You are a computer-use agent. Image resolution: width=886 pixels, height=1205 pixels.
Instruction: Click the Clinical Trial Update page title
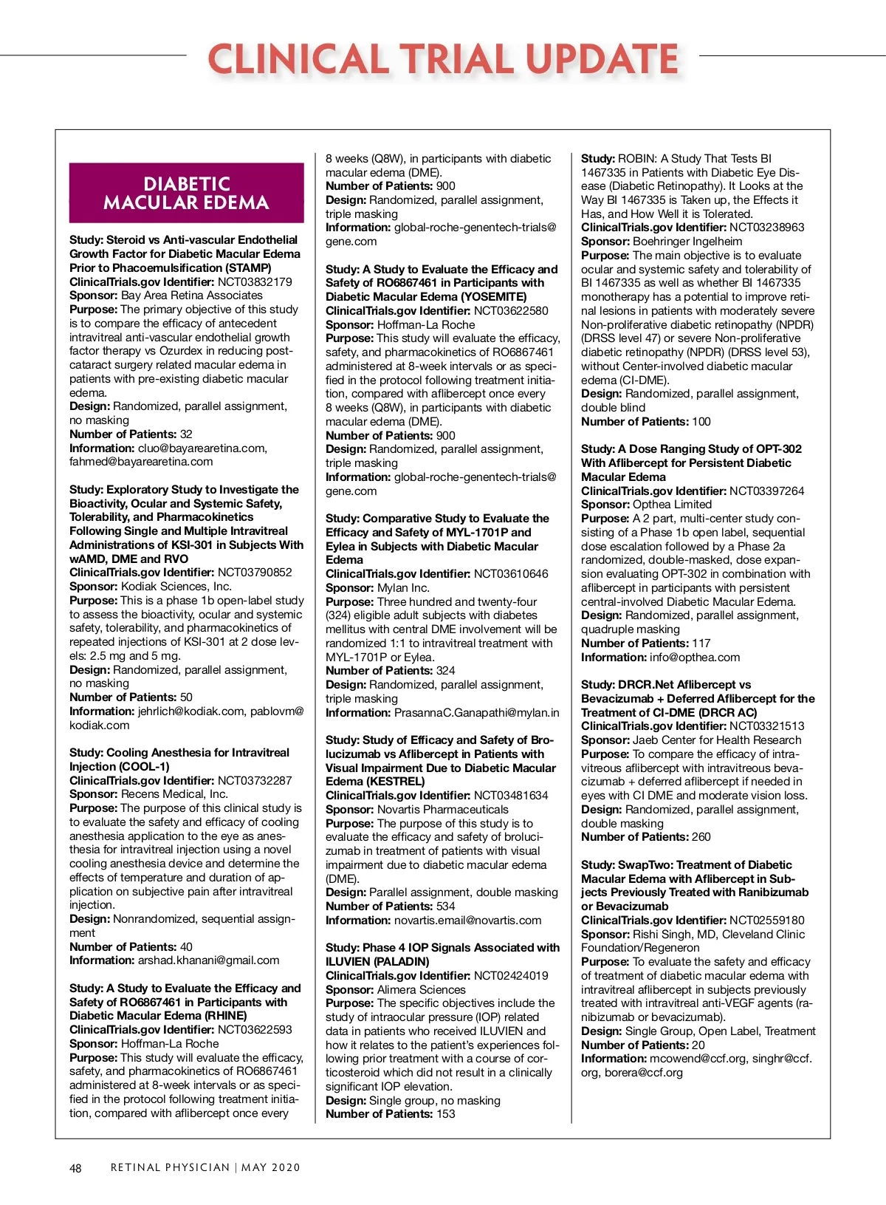pyautogui.click(x=443, y=58)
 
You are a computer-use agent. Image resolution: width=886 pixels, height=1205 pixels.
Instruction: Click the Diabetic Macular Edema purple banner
pyautogui.click(x=186, y=193)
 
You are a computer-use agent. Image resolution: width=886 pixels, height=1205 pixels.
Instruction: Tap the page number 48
pyautogui.click(x=75, y=1168)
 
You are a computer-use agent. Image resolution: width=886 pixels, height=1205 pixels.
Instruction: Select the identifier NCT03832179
pyautogui.click(x=255, y=281)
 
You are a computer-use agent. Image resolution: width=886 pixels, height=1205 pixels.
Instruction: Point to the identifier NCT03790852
pyautogui.click(x=255, y=572)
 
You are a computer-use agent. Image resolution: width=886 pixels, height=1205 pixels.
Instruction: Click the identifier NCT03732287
pyautogui.click(x=255, y=780)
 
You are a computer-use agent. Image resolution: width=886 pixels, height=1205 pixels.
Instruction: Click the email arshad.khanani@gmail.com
pyautogui.click(x=209, y=960)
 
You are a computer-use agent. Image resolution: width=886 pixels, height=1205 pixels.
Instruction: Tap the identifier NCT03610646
pyautogui.click(x=511, y=573)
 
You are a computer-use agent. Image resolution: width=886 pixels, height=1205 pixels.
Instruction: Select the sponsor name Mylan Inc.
pyautogui.click(x=403, y=587)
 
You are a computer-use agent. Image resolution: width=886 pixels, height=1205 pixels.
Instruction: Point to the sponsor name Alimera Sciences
pyautogui.click(x=422, y=989)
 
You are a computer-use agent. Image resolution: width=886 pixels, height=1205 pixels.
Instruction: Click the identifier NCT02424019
pyautogui.click(x=511, y=975)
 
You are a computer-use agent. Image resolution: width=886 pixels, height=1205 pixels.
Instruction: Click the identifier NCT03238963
pyautogui.click(x=766, y=227)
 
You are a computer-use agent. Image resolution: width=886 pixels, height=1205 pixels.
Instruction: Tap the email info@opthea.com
pyautogui.click(x=695, y=657)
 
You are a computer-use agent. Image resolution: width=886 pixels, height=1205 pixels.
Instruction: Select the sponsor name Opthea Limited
pyautogui.click(x=672, y=505)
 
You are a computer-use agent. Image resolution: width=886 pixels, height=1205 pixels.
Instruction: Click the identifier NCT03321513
pyautogui.click(x=766, y=726)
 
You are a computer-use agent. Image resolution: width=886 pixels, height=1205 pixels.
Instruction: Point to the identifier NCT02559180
pyautogui.click(x=766, y=920)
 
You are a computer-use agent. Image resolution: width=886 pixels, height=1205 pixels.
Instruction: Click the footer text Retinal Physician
pyautogui.click(x=170, y=1167)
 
